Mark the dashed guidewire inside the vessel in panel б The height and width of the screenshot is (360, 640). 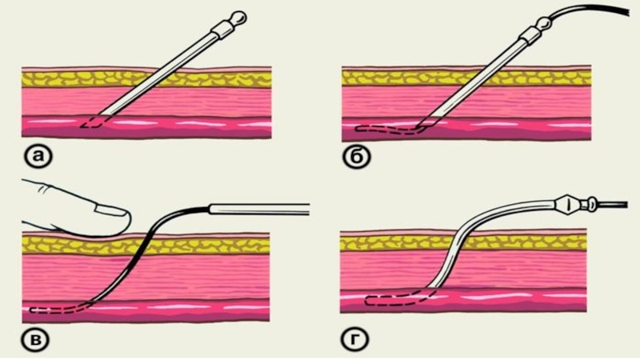384,128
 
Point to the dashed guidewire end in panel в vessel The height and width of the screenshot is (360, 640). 48,309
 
